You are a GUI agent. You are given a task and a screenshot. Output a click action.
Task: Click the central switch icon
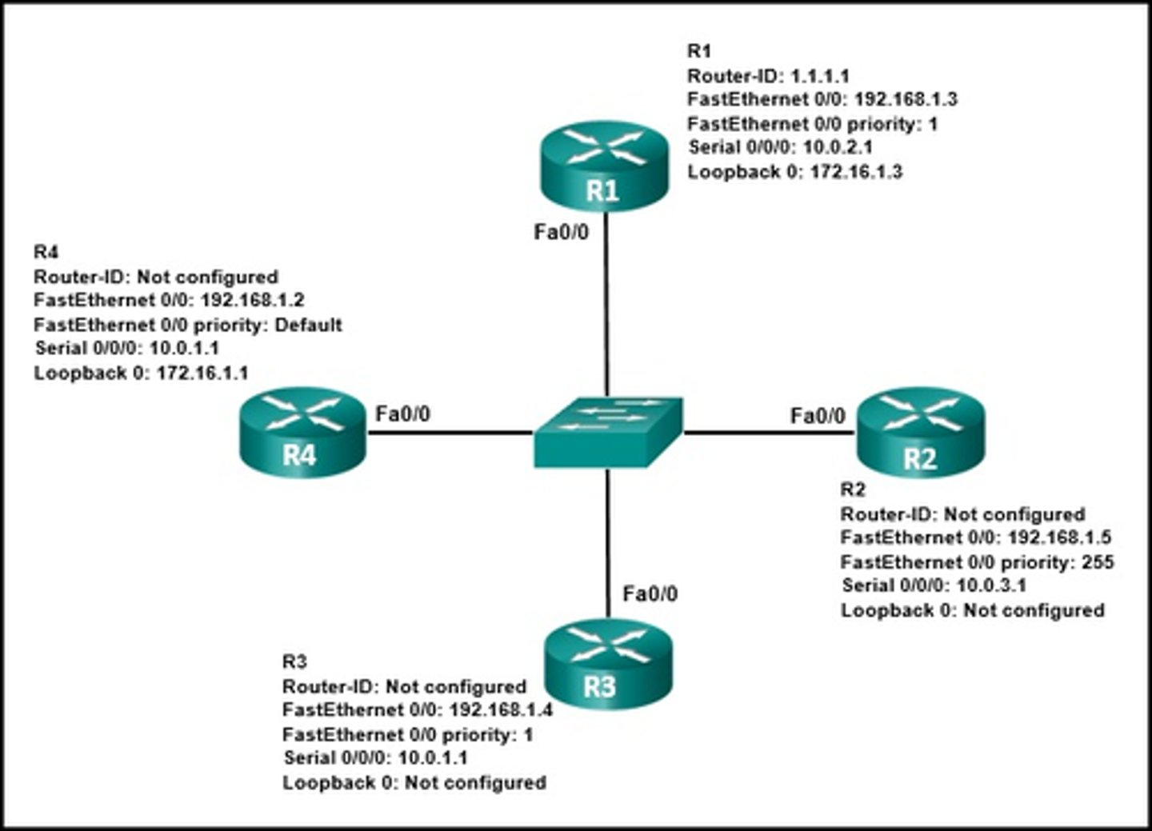[x=608, y=432]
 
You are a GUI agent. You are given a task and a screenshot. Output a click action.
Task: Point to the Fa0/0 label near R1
[x=561, y=232]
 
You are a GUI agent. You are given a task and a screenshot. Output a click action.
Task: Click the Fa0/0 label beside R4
[x=402, y=414]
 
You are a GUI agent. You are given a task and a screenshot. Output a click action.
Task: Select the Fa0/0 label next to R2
[x=817, y=415]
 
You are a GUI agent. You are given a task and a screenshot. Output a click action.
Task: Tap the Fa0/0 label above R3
[x=650, y=593]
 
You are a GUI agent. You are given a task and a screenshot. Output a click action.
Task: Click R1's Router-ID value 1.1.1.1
[x=819, y=76]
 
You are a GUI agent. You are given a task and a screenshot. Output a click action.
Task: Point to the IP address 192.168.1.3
[x=906, y=99]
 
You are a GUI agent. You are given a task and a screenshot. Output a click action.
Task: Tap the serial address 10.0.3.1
[x=991, y=585]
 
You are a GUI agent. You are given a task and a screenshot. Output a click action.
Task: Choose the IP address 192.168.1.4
[x=501, y=710]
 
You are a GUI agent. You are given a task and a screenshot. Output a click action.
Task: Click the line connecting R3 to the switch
[x=608, y=544]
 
